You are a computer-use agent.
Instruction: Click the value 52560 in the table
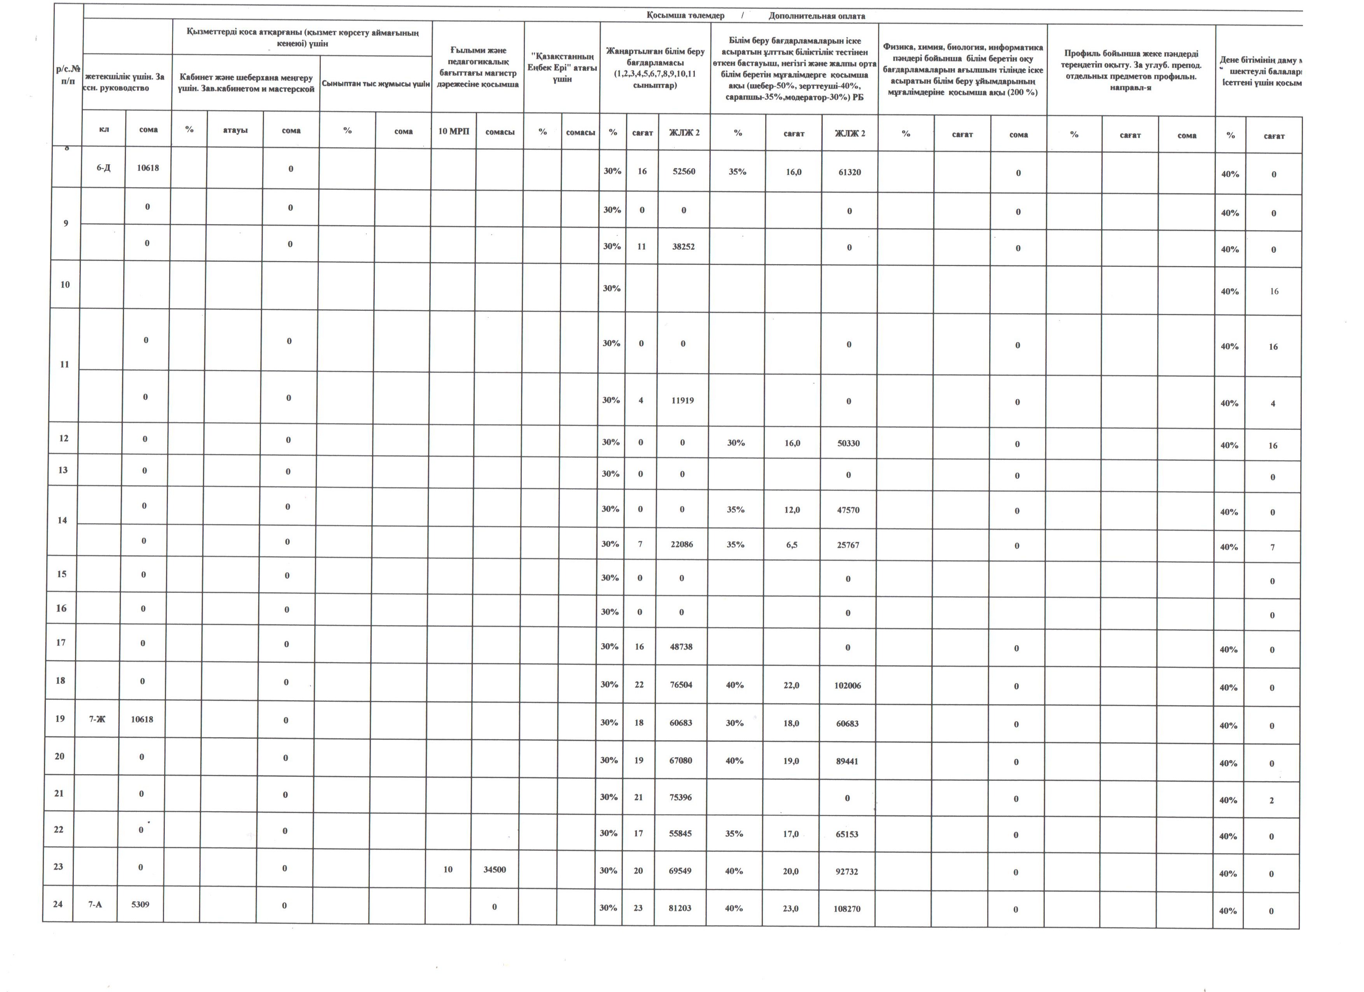(684, 172)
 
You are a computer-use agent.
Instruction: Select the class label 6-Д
(103, 168)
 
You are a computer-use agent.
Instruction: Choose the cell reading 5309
(140, 904)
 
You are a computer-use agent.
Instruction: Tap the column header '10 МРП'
(453, 131)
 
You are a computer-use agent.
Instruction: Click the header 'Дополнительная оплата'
(817, 16)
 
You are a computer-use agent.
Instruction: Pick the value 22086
(682, 544)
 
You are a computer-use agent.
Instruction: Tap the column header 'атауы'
(235, 130)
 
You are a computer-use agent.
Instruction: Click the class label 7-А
(95, 904)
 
